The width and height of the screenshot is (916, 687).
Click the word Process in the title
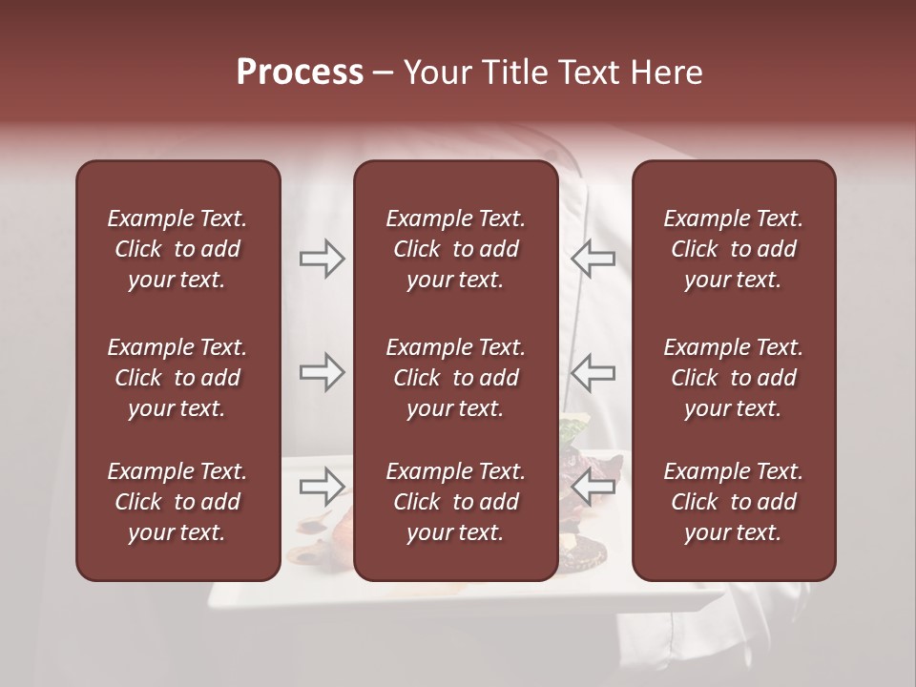tap(300, 73)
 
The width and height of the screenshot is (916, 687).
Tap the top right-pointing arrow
tap(323, 259)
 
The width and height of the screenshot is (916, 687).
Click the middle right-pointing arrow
tap(323, 373)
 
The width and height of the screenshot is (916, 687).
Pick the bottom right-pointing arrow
tap(323, 488)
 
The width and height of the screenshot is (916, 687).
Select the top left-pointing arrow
tap(593, 259)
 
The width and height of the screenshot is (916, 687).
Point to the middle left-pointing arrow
tap(593, 373)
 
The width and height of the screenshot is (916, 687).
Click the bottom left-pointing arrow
tap(593, 488)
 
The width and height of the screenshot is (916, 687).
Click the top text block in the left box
tap(177, 249)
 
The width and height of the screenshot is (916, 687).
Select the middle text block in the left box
tap(177, 378)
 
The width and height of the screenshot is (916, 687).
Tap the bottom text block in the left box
tap(177, 502)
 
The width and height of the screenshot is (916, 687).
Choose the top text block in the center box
tap(455, 249)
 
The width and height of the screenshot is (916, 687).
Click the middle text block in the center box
tap(455, 378)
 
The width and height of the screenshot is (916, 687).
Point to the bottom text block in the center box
tap(455, 502)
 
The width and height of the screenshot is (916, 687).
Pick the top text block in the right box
tap(733, 249)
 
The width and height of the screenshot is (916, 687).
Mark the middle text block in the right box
tap(733, 378)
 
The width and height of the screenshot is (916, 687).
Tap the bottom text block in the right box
tap(733, 502)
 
